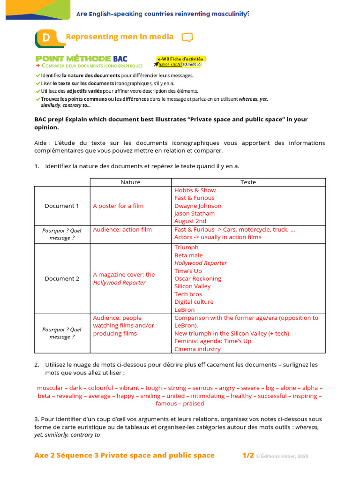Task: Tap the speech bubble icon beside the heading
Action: (x=187, y=37)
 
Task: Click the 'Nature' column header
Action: (x=130, y=182)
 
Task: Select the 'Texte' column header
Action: (x=248, y=182)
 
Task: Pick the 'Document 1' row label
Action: (x=62, y=206)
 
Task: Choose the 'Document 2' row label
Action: (x=62, y=278)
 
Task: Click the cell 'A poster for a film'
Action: (x=118, y=206)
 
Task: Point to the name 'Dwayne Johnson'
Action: (x=198, y=206)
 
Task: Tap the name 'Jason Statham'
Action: (x=195, y=213)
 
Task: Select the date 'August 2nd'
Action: (x=190, y=221)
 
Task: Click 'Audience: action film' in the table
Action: (x=122, y=230)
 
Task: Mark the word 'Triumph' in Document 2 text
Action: (x=186, y=247)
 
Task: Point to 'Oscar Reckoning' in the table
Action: (x=198, y=278)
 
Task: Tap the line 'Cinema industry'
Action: (x=197, y=349)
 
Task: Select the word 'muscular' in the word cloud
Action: (x=50, y=388)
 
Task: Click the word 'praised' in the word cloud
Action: (x=194, y=404)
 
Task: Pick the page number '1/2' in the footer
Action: (x=248, y=456)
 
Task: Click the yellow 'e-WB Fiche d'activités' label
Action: (x=180, y=59)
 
